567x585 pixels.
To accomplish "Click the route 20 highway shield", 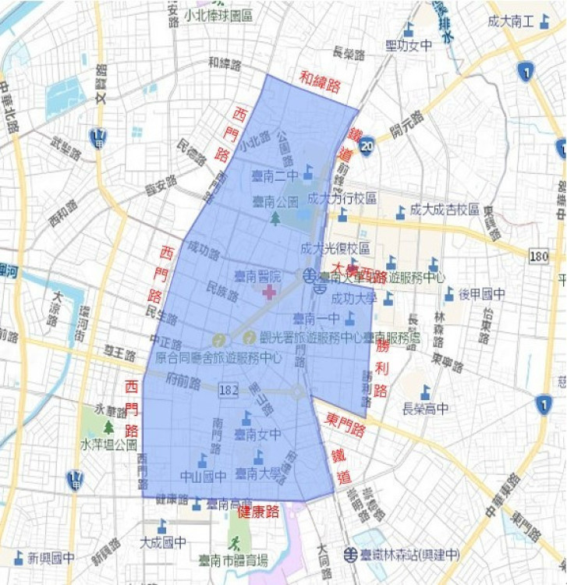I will click(367, 144).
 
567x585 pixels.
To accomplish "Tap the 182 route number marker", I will click(229, 388).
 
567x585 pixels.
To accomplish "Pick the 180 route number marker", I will click(538, 256).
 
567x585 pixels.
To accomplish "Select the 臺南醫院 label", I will click(257, 277).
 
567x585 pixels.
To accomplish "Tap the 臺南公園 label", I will click(275, 202).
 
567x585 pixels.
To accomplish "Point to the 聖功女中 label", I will click(409, 46).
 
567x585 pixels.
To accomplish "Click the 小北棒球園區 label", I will click(219, 15).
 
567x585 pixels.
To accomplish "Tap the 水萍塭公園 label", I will click(108, 445).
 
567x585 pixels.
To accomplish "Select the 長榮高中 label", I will click(425, 408).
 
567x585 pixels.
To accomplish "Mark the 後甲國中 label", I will click(481, 294).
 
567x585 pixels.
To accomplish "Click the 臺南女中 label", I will click(257, 434).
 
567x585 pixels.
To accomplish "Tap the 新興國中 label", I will click(51, 558).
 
